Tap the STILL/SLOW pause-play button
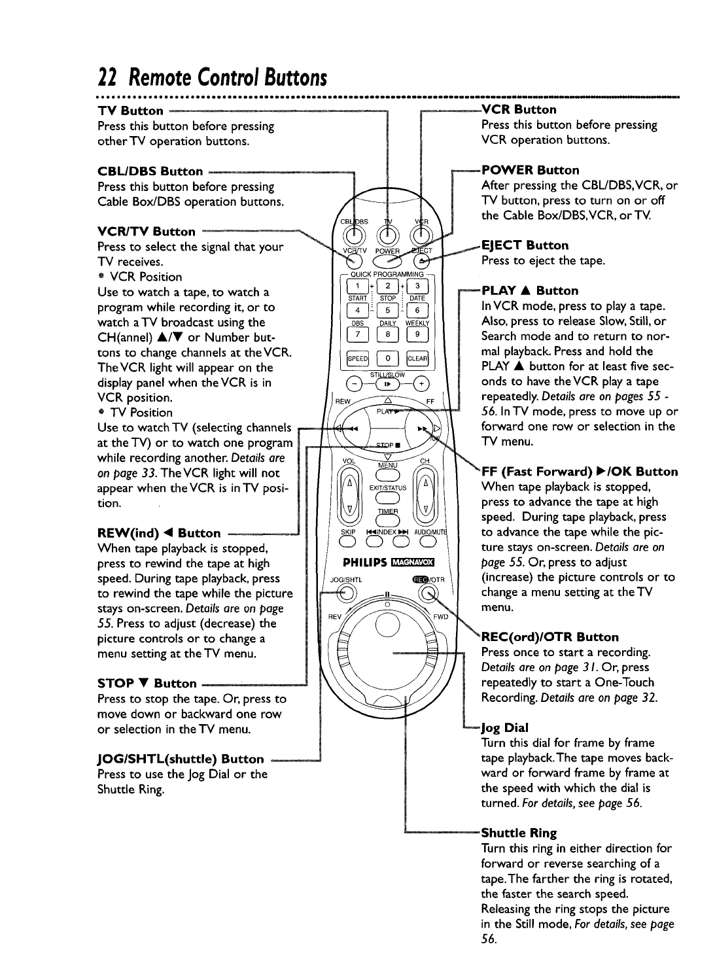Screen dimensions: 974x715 coord(387,385)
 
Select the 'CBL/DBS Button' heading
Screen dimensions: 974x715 coord(150,171)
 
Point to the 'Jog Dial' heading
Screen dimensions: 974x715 coord(505,727)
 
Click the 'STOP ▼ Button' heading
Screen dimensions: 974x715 coord(147,684)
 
